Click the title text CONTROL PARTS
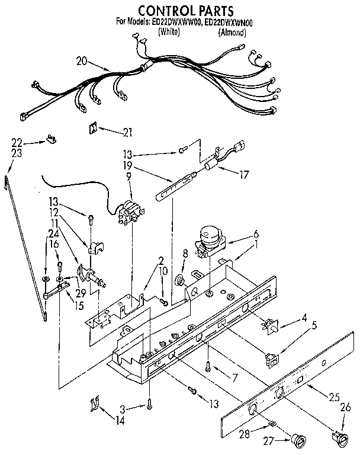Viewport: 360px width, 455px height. (177, 10)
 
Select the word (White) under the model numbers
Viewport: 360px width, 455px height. (170, 32)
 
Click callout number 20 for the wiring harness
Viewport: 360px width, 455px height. (82, 60)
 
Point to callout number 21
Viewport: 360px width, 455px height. (127, 132)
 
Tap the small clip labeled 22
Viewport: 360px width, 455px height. (52, 140)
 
